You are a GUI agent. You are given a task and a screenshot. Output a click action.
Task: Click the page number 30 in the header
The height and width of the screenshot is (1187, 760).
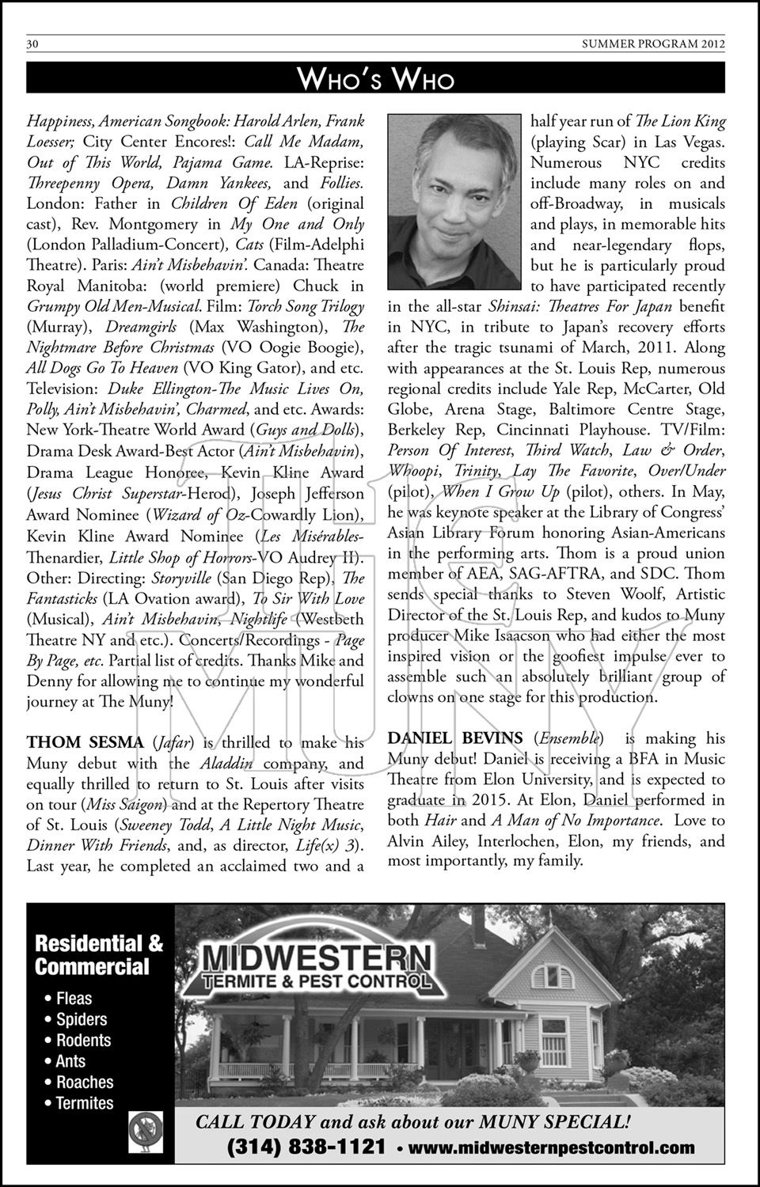click(x=32, y=44)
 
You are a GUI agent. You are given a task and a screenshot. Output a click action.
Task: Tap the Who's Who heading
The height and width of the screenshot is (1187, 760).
click(x=376, y=78)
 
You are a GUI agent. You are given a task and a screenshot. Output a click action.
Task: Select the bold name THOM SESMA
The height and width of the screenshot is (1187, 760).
click(x=85, y=742)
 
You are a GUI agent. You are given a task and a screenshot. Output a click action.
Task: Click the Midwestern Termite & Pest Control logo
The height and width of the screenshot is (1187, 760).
click(x=317, y=966)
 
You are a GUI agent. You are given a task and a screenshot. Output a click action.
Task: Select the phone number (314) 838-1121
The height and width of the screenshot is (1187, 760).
click(x=306, y=1147)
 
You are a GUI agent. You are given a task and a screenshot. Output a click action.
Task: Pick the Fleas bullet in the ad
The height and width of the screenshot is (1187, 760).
click(x=74, y=999)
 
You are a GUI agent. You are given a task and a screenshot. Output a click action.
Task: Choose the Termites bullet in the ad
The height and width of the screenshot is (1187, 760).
click(x=84, y=1103)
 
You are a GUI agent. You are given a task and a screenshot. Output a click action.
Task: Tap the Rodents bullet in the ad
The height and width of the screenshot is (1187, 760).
click(x=83, y=1041)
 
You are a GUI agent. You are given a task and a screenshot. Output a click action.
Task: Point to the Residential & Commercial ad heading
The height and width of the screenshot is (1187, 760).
click(x=98, y=954)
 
